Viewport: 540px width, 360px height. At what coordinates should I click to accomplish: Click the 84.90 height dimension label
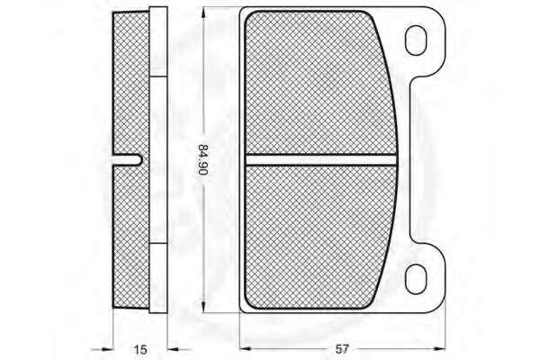(x=203, y=160)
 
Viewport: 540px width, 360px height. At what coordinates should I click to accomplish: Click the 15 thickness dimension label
(x=139, y=349)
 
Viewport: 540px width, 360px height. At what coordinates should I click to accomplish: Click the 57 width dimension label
(x=342, y=349)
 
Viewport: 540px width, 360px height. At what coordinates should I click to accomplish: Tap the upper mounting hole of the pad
(x=416, y=40)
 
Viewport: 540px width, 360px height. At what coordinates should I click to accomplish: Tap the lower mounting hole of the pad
(x=416, y=279)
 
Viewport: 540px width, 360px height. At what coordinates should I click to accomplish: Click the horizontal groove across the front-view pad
(x=320, y=160)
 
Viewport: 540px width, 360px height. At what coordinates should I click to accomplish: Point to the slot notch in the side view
(x=128, y=160)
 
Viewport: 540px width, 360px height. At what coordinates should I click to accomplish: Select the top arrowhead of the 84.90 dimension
(x=203, y=13)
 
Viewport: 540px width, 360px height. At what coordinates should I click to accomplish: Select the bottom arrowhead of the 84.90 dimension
(x=203, y=307)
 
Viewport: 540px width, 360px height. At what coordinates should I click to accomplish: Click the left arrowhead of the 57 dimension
(x=245, y=348)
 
